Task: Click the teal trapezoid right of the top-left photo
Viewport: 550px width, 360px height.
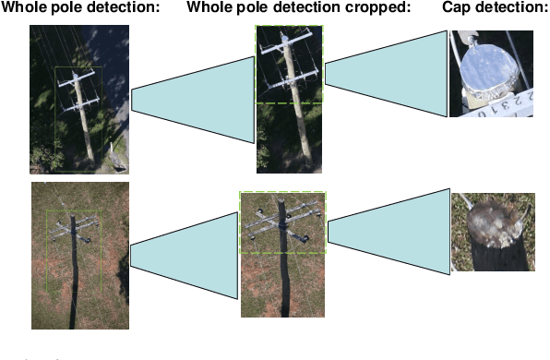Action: pyautogui.click(x=192, y=101)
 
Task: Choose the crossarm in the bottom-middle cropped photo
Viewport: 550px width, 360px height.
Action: pyautogui.click(x=281, y=222)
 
